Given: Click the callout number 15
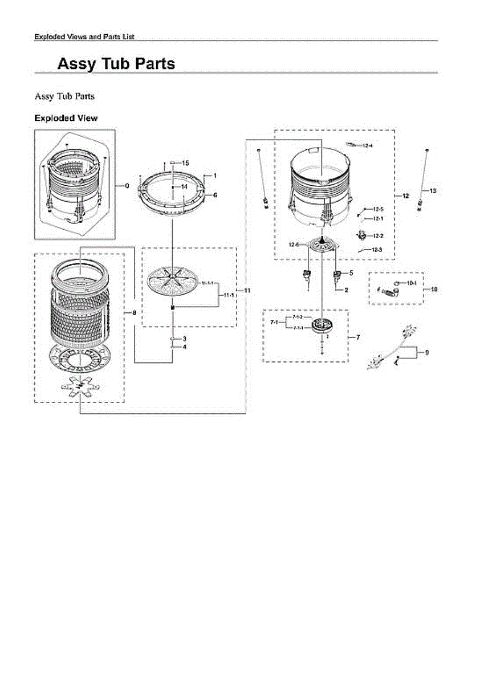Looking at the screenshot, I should pos(185,163).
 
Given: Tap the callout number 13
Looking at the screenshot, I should pos(433,190).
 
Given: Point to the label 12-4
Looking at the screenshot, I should pos(368,146).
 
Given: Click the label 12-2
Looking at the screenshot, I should pos(378,236).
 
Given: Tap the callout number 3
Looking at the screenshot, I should pos(185,339).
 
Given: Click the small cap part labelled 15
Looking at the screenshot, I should pos(171,163).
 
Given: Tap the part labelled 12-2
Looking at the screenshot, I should pos(360,234).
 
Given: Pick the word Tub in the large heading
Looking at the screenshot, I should pos(116,64).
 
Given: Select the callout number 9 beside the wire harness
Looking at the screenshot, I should pos(427,352).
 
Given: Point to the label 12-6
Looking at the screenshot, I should pos(294,245).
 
